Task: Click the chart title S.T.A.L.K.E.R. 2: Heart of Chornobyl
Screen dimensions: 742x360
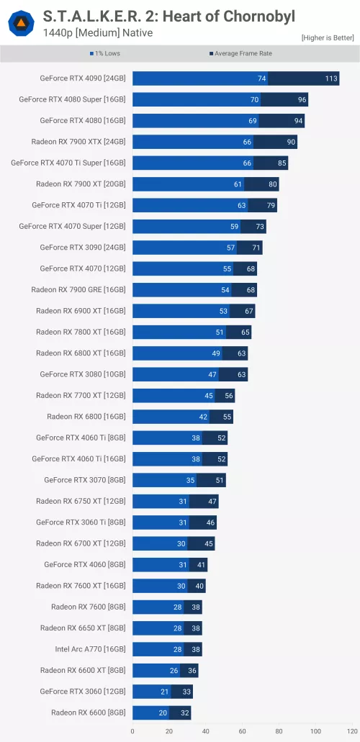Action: point(168,16)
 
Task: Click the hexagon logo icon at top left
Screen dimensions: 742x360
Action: point(21,24)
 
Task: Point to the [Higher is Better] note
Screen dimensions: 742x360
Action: point(328,37)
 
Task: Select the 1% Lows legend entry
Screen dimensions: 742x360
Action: point(105,53)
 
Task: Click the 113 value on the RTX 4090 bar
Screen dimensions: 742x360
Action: point(331,78)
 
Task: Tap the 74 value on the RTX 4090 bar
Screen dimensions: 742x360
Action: point(262,78)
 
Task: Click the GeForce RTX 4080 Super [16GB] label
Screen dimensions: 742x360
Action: point(72,99)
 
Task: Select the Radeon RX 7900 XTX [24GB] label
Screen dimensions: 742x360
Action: point(78,142)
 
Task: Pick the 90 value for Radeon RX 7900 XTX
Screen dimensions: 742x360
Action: point(291,142)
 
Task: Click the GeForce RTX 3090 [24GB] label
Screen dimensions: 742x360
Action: point(82,248)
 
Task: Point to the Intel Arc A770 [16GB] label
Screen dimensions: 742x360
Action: point(90,649)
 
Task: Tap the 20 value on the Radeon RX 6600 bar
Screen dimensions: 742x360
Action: point(163,712)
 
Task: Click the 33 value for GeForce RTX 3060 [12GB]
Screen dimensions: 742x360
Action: point(186,692)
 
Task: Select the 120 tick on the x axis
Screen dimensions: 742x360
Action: point(351,731)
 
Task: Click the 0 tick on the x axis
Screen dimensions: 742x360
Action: point(132,731)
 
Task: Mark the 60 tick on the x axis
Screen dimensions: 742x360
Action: point(243,731)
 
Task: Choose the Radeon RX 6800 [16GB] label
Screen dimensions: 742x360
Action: point(86,417)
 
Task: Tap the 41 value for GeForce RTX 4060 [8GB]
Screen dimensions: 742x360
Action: point(201,565)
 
